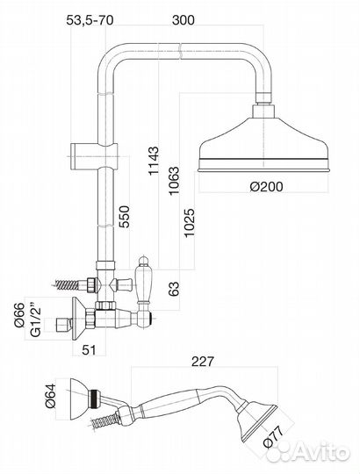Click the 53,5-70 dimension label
pos(90,20)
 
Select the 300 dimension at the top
pos(184,20)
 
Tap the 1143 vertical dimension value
pos(154,161)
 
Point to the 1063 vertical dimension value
pos(174,181)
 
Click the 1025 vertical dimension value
pos(190,223)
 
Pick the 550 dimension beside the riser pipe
pos(124,217)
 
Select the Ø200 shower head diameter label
pos(266,186)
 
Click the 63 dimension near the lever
pos(174,289)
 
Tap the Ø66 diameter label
pos(19,315)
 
